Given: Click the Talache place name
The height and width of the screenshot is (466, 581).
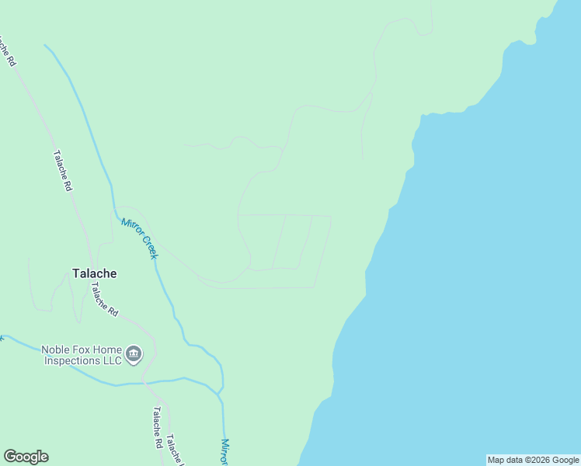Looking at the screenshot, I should pyautogui.click(x=94, y=273).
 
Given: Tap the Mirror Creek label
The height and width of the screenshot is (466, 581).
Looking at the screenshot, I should pyautogui.click(x=140, y=238).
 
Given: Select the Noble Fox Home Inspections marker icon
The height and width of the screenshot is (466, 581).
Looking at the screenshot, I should pyautogui.click(x=134, y=355).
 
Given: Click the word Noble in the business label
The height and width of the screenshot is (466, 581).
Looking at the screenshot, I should pyautogui.click(x=57, y=349).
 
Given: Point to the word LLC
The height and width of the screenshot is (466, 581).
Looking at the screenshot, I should pyautogui.click(x=112, y=360).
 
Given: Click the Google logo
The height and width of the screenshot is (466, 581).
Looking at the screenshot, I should pyautogui.click(x=26, y=457).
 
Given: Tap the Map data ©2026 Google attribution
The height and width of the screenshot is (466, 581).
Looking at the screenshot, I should pyautogui.click(x=533, y=460).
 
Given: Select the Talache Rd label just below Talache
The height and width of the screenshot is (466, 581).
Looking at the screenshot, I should pyautogui.click(x=104, y=298).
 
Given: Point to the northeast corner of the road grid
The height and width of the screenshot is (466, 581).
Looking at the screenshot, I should pyautogui.click(x=332, y=217).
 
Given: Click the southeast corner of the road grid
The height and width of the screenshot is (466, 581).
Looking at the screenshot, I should pyautogui.click(x=314, y=287).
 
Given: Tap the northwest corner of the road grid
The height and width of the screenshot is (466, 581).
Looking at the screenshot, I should pyautogui.click(x=238, y=215).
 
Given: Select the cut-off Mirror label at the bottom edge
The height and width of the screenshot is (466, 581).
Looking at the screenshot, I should pyautogui.click(x=224, y=452).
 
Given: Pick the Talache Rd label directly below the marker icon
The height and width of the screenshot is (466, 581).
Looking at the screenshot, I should pyautogui.click(x=157, y=428).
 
